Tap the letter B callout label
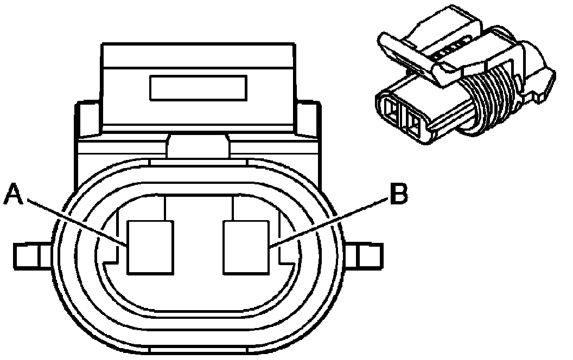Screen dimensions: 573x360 coord(398,194)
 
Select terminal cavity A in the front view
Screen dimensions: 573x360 coord(150,247)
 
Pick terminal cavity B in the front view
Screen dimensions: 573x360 coord(247,247)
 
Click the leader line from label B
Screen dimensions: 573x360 coord(331,222)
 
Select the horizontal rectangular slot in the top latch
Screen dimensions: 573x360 coord(198,88)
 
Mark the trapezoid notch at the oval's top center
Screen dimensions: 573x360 coord(199,147)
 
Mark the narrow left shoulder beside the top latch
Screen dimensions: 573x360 coord(90,119)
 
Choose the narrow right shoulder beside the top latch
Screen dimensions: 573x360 coord(307,119)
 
